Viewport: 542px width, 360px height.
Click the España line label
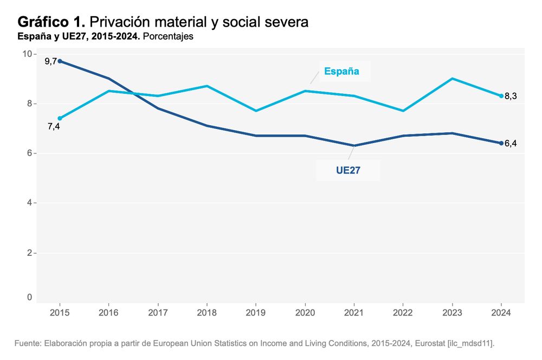tap(341, 71)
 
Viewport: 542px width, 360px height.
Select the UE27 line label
tap(348, 170)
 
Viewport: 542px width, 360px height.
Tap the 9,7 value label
tap(51, 61)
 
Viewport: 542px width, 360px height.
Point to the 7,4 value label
tap(54, 127)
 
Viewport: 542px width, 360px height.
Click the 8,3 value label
tap(511, 97)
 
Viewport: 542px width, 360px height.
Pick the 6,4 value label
tap(511, 144)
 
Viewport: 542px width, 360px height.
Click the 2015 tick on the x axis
tap(60, 312)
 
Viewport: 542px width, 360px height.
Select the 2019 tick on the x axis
tap(256, 312)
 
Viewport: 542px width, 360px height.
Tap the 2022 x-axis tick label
tap(403, 312)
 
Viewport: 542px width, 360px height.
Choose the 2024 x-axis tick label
tap(501, 312)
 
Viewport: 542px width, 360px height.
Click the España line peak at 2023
tap(452, 79)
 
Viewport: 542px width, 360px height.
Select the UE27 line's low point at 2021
tap(354, 146)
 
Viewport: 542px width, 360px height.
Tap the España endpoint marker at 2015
tap(60, 118)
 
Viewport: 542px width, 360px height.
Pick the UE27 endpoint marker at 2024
tap(501, 143)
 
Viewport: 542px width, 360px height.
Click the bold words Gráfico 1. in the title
tap(51, 22)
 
